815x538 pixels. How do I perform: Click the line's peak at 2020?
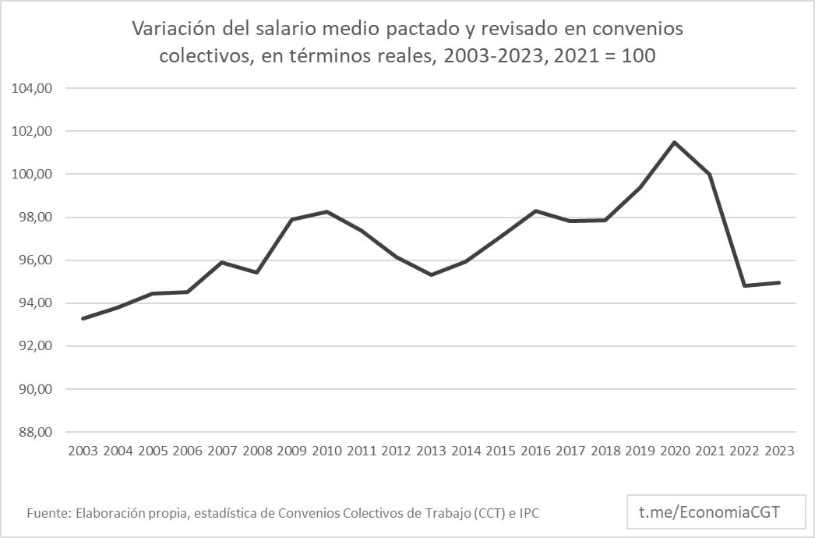674,142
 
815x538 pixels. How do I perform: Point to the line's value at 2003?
83,318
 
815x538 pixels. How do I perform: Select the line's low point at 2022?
745,285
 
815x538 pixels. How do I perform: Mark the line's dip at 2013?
431,274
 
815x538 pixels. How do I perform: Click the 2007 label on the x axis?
223,451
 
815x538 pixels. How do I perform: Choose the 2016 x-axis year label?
535,451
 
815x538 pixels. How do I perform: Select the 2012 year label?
397,451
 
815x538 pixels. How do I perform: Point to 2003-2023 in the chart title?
504,56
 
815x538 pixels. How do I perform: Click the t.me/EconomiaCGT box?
709,512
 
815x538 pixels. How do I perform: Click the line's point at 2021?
709,174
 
